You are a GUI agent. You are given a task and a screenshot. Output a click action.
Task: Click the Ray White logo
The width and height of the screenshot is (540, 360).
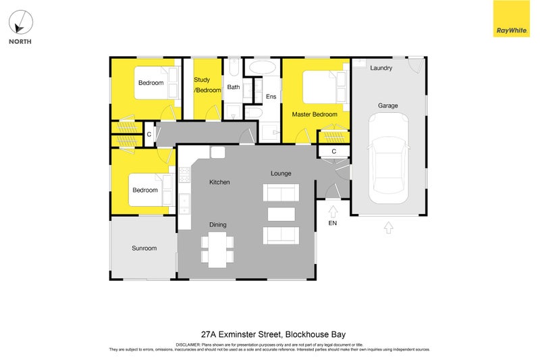coord(512,18)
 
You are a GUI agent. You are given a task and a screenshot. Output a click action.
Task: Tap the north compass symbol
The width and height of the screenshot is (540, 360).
coord(21,22)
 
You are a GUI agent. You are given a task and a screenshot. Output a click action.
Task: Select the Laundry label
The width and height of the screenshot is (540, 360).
coord(381,68)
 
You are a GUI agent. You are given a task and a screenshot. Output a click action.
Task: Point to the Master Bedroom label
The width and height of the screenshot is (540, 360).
coord(315,114)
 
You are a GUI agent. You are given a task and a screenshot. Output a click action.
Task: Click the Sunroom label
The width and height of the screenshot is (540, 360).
coord(144,248)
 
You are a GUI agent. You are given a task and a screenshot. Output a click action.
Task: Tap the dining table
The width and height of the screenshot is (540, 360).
coord(217,250)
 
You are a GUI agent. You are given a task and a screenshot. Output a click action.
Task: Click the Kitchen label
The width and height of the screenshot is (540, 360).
coord(219,182)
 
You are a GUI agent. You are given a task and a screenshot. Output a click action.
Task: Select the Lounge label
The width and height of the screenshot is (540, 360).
coord(281,174)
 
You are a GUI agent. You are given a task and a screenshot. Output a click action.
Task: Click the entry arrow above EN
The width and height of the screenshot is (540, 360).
coord(333,211)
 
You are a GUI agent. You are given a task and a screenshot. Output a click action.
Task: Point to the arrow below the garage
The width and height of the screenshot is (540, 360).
coord(389,228)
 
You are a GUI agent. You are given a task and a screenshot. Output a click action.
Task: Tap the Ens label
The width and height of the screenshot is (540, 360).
coord(271,97)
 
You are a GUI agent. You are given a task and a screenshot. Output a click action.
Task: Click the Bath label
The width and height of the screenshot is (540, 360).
coord(234,87)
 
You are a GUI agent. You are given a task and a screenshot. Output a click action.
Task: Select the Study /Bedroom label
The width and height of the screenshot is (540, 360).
coord(207,84)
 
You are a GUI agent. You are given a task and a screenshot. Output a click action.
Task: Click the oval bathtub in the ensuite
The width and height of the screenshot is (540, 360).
coord(263,67)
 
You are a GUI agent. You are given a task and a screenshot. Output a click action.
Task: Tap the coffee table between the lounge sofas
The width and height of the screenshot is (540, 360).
coord(281,214)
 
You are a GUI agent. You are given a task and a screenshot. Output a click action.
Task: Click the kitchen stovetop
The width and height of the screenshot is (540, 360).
coord(184,175)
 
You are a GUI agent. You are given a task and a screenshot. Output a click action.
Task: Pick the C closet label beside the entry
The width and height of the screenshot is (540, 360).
coord(333,151)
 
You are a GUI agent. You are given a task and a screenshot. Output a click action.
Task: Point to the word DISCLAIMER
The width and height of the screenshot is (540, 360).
coord(188,345)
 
